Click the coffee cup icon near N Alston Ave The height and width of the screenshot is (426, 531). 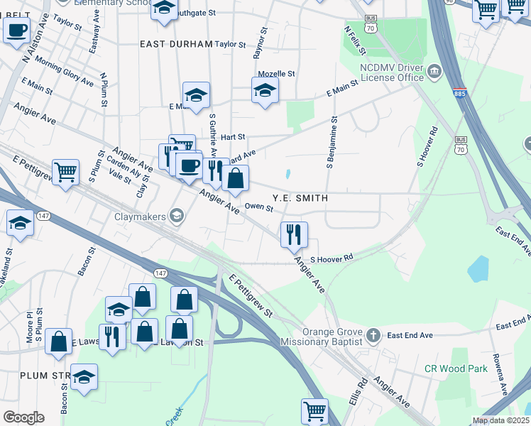(17, 31)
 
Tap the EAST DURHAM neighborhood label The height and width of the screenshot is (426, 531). (176, 44)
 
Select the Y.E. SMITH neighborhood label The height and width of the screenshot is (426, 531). (300, 199)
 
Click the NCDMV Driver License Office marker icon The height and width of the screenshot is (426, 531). (434, 71)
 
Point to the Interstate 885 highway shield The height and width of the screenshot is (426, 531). (461, 93)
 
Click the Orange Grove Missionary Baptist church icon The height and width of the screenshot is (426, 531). (374, 334)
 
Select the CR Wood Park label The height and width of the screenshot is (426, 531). (456, 368)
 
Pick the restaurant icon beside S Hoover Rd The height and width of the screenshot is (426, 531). (294, 234)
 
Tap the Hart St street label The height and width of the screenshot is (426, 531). (232, 136)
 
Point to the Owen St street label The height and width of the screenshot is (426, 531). (258, 207)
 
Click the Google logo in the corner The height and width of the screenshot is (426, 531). (23, 417)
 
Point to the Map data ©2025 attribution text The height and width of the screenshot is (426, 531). (500, 420)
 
